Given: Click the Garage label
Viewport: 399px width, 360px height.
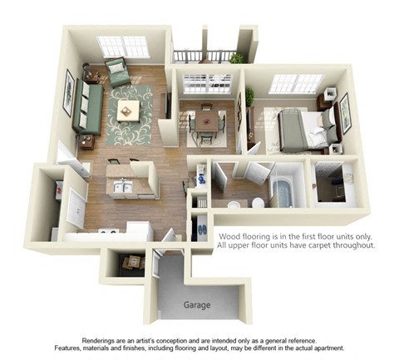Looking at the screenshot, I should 197,305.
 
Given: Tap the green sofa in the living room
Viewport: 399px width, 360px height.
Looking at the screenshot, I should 87,107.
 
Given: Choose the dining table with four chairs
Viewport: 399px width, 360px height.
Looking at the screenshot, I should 204,121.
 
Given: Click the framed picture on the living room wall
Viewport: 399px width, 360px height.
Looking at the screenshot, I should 69,91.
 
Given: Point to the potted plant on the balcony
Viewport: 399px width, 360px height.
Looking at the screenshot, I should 238,58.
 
